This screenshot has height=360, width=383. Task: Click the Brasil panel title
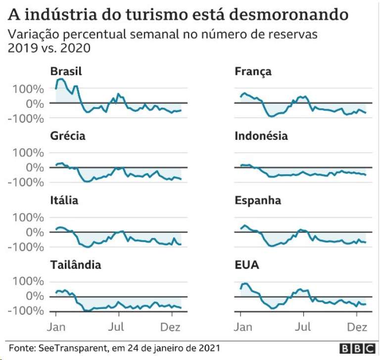[66, 72]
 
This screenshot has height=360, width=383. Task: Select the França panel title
[253, 72]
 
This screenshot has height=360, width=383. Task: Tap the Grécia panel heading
[67, 136]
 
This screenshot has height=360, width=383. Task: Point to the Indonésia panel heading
[261, 136]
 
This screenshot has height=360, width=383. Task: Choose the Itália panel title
[64, 200]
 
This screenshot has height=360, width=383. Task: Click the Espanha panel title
[258, 200]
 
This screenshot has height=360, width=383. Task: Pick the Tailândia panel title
[76, 265]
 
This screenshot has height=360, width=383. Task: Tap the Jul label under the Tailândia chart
[117, 327]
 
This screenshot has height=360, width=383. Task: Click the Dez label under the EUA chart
[355, 327]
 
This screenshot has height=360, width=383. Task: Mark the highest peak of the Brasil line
[61, 79]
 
